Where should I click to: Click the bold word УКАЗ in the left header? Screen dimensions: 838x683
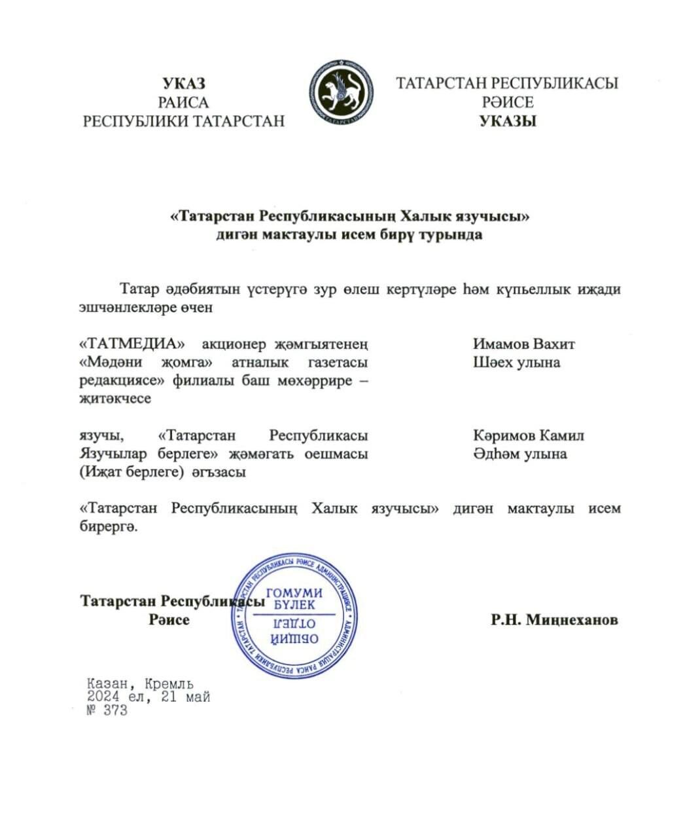coord(184,84)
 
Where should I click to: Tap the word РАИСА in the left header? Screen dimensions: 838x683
coord(184,102)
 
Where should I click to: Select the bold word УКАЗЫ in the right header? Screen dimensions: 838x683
coord(508,121)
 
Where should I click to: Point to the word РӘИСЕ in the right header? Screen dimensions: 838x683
coord(508,102)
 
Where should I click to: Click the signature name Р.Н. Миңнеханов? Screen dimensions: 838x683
coord(554,619)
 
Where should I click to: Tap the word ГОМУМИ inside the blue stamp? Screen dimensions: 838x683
coord(294,592)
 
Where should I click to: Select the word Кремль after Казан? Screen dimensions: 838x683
coord(169,685)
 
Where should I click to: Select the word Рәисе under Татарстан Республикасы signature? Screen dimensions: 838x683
coord(169,619)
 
